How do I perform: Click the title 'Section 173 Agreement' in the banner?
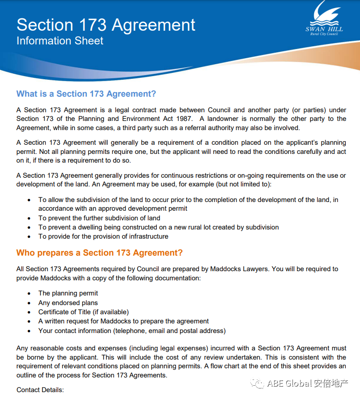[x=106, y=25]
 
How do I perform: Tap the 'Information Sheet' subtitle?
[x=60, y=41]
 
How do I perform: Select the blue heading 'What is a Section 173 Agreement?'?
[x=86, y=94]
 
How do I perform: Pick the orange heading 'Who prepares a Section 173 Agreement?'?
[x=100, y=253]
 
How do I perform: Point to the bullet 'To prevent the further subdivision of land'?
[x=99, y=218]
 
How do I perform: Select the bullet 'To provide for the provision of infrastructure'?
[x=103, y=236]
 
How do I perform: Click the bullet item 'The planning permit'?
[x=68, y=293]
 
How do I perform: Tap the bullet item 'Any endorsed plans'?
[x=68, y=303]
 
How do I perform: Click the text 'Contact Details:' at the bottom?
[x=40, y=390]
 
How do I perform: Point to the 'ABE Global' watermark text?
[x=289, y=383]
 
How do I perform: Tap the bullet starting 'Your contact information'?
[x=132, y=331]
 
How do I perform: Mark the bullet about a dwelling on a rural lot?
[x=158, y=227]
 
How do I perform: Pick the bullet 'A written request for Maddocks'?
[x=123, y=321]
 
